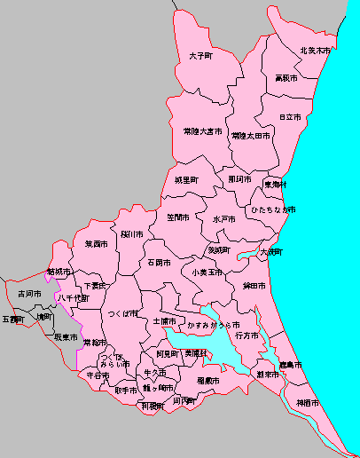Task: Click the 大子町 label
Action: pyautogui.click(x=201, y=56)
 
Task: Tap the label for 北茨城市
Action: pyautogui.click(x=315, y=51)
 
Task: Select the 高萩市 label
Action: pyautogui.click(x=286, y=78)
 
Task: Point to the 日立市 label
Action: pyautogui.click(x=289, y=116)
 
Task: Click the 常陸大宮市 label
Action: pyautogui.click(x=202, y=131)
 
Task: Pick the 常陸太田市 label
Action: pyautogui.click(x=251, y=136)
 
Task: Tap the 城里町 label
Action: pyautogui.click(x=186, y=180)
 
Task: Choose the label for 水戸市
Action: pyautogui.click(x=224, y=218)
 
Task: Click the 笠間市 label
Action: pyautogui.click(x=177, y=217)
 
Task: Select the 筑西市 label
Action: pyautogui.click(x=96, y=243)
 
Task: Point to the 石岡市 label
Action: pyautogui.click(x=160, y=263)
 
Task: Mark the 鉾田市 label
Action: pyautogui.click(x=254, y=287)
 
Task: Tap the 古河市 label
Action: pyautogui.click(x=29, y=293)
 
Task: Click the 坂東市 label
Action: pyautogui.click(x=66, y=337)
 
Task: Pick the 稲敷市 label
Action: pyautogui.click(x=208, y=380)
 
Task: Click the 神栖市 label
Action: pyautogui.click(x=308, y=404)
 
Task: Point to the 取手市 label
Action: pyautogui.click(x=126, y=390)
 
